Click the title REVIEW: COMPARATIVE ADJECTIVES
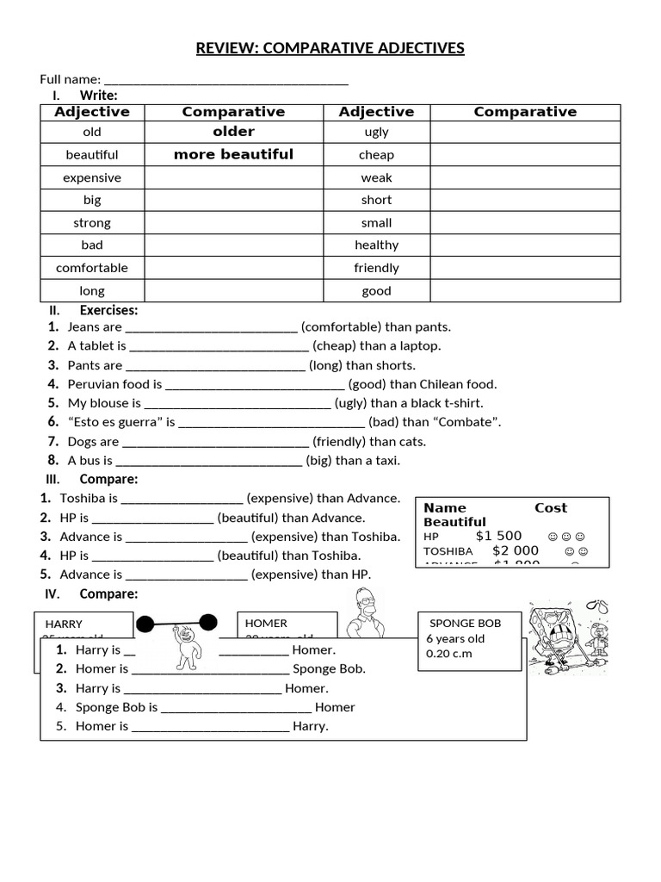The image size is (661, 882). pyautogui.click(x=330, y=48)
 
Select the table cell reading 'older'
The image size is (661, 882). pyautogui.click(x=233, y=132)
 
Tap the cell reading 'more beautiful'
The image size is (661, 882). pyautogui.click(x=233, y=155)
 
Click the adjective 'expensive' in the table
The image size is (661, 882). pyautogui.click(x=92, y=177)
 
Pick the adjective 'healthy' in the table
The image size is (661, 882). pyautogui.click(x=376, y=245)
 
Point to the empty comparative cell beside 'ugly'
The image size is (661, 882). pyautogui.click(x=525, y=132)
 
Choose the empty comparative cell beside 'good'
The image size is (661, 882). pyautogui.click(x=525, y=290)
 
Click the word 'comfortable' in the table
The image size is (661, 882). pyautogui.click(x=92, y=268)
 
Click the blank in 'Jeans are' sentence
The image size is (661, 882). pyautogui.click(x=212, y=328)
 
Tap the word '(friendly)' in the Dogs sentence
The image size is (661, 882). pyautogui.click(x=339, y=442)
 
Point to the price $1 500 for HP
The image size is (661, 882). pyautogui.click(x=498, y=536)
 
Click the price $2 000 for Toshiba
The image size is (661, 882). pyautogui.click(x=516, y=550)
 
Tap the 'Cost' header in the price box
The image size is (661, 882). pyautogui.click(x=551, y=508)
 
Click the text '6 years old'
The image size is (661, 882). pyautogui.click(x=455, y=638)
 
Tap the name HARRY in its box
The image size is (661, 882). pyautogui.click(x=64, y=624)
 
